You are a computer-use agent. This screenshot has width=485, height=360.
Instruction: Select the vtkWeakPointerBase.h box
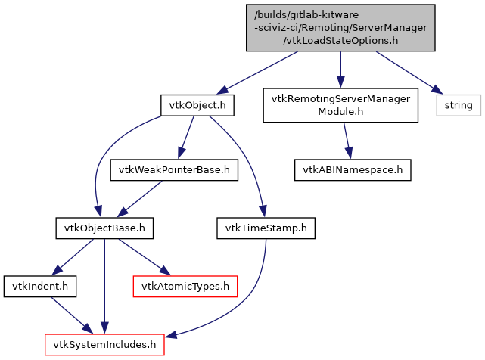[x=175, y=169]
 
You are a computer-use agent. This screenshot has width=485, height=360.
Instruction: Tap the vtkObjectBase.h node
[x=104, y=227]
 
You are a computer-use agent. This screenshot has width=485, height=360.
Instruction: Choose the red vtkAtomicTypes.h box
[x=185, y=286]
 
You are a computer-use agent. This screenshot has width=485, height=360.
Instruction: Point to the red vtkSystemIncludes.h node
[x=104, y=344]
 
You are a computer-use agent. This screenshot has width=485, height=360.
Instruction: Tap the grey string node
[x=458, y=105]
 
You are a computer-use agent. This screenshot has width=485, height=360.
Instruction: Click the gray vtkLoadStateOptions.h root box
[x=340, y=28]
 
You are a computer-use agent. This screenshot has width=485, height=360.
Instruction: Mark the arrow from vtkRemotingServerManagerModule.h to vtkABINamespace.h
[x=347, y=141]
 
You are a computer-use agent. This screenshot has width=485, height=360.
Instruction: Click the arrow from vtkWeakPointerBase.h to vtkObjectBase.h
[x=141, y=198]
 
